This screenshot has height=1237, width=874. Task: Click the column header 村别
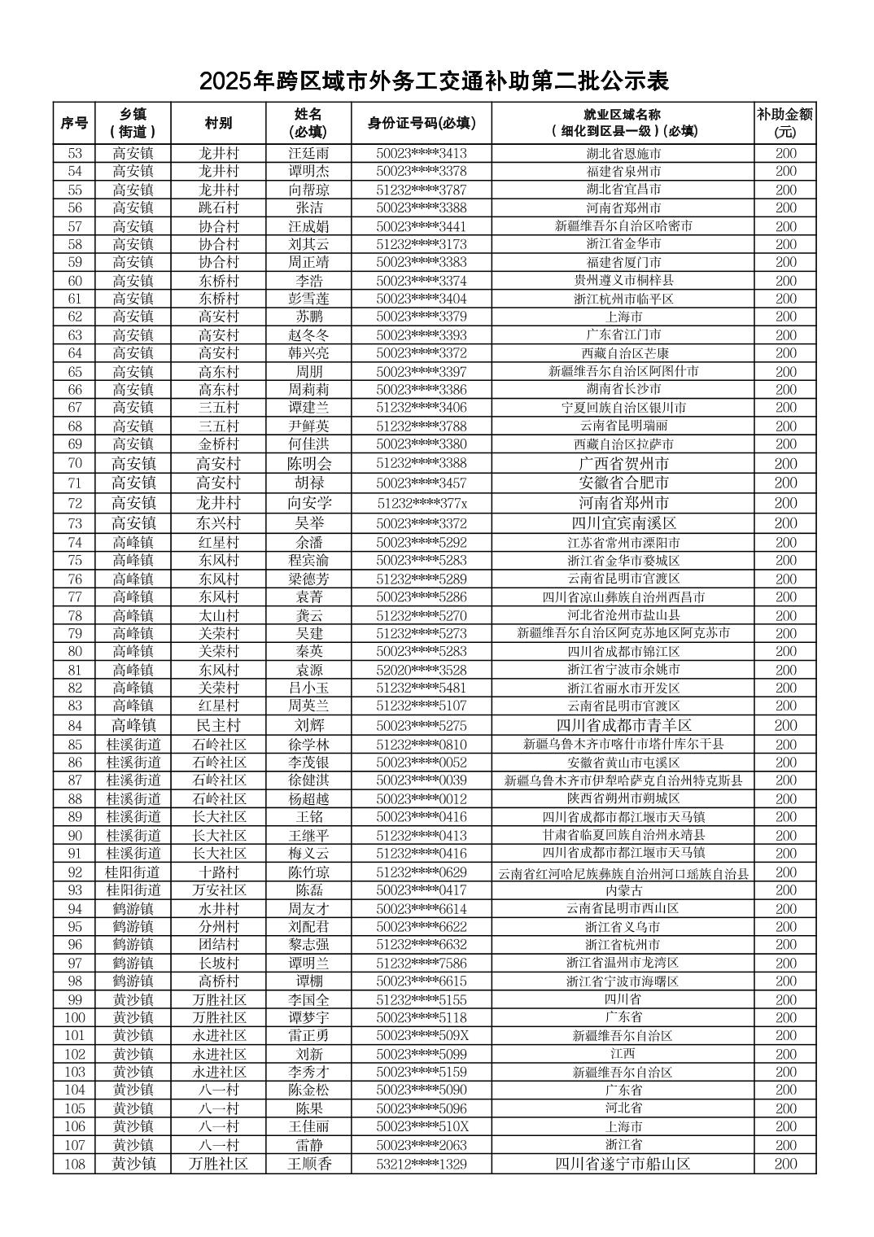pos(218,123)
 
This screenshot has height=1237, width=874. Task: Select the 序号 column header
pos(74,123)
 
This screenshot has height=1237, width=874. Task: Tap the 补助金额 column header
pos(784,123)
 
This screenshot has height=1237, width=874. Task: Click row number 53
pos(75,153)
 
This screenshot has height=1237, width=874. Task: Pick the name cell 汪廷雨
pos(309,153)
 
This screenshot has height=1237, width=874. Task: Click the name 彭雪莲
pos(309,299)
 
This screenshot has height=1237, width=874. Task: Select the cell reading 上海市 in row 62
pos(623,317)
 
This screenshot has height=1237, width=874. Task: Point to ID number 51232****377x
pos(422,503)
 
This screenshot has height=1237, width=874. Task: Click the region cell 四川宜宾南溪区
pos(623,523)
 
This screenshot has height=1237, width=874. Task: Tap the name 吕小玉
pos(309,688)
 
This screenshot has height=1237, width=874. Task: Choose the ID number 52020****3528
pos(422,670)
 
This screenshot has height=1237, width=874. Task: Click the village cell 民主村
pos(219,725)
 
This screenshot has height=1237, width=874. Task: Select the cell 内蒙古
pos(623,890)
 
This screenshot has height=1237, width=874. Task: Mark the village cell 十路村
pos(219,872)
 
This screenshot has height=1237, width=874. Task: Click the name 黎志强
pos(309,945)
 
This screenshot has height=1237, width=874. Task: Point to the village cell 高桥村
pos(219,981)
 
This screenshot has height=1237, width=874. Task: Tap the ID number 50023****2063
pos(422,1145)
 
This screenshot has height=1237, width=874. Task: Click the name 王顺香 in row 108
pos(309,1164)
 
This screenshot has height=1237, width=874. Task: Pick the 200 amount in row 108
pos(785,1164)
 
